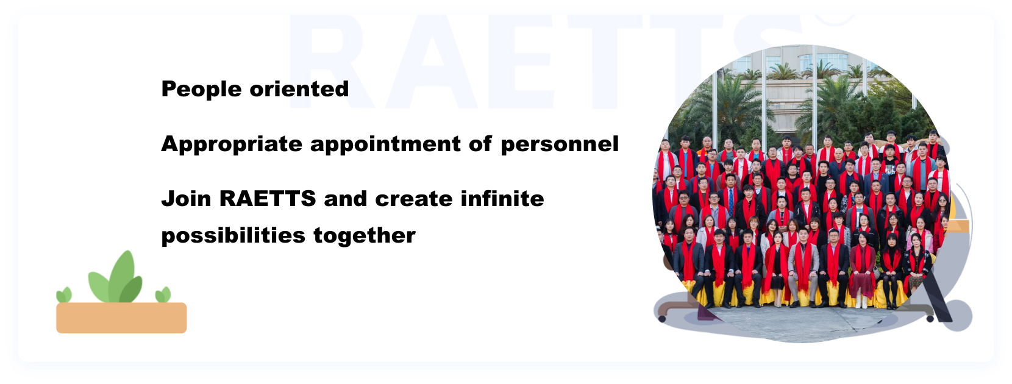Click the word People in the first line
pyautogui.click(x=202, y=89)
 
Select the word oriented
pyautogui.click(x=299, y=88)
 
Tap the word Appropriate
pyautogui.click(x=232, y=144)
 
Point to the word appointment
pyautogui.click(x=386, y=144)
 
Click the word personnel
pyautogui.click(x=559, y=144)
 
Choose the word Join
pyautogui.click(x=186, y=199)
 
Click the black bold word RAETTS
pyautogui.click(x=268, y=199)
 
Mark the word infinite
pyautogui.click(x=502, y=199)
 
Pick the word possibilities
pyautogui.click(x=233, y=236)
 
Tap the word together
pyautogui.click(x=365, y=236)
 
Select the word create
pyautogui.click(x=414, y=199)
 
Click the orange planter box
pyautogui.click(x=121, y=318)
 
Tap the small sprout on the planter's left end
pyautogui.click(x=63, y=295)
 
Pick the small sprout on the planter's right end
pyautogui.click(x=163, y=295)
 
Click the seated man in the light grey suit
pyautogui.click(x=804, y=266)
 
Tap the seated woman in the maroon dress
pyautogui.click(x=862, y=269)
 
